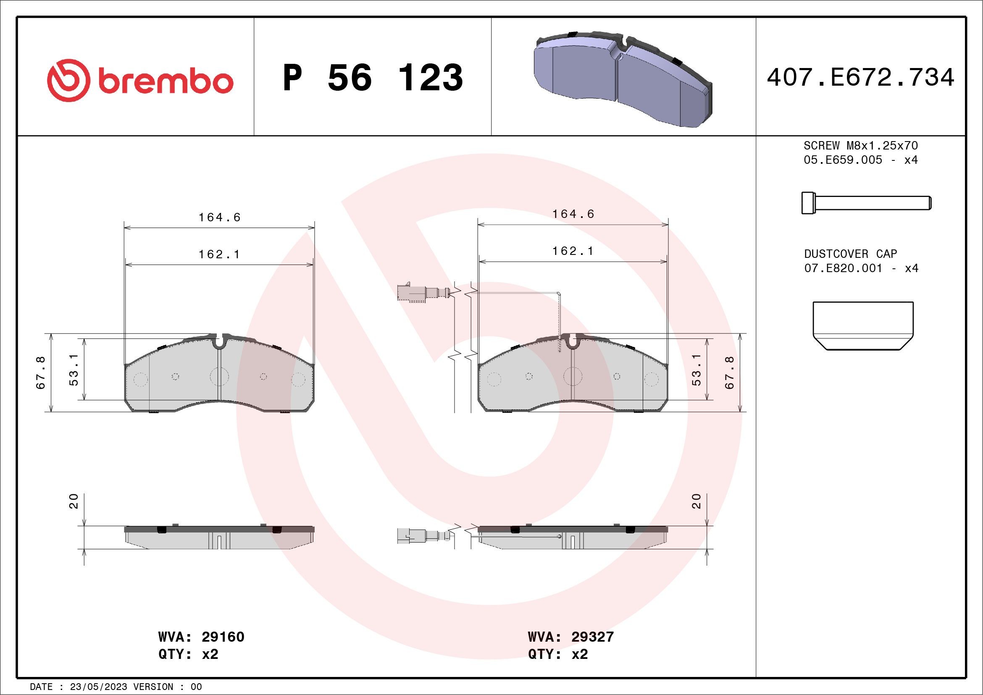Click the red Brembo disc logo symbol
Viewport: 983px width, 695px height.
[x=68, y=81]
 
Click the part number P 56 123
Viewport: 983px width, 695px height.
[x=373, y=77]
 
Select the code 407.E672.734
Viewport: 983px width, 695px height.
[x=861, y=78]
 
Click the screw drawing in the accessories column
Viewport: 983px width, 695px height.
[x=866, y=203]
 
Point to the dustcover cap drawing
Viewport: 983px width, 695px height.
[x=863, y=325]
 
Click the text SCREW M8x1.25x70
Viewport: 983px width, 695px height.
[x=861, y=145]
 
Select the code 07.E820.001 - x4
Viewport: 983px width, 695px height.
[x=861, y=268]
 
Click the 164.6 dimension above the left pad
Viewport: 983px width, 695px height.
[x=219, y=218]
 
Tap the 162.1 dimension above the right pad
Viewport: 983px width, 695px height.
[x=573, y=251]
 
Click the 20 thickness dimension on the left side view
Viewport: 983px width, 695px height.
[x=74, y=501]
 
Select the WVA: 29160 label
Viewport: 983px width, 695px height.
[x=201, y=637]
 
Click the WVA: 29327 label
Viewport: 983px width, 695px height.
[x=571, y=637]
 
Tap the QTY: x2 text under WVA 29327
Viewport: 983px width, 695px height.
[x=558, y=654]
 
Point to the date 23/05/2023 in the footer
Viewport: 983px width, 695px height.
[x=98, y=687]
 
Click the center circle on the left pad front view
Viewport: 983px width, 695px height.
[x=219, y=377]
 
